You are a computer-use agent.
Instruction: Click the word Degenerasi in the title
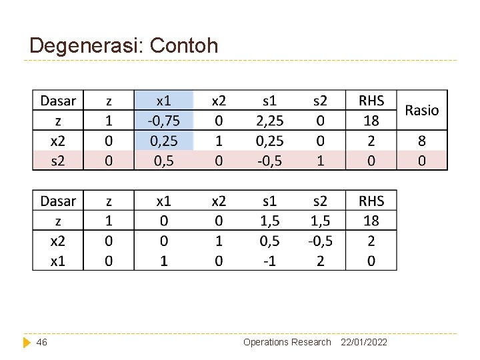click(x=87, y=45)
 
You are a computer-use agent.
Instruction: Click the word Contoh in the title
click(x=184, y=45)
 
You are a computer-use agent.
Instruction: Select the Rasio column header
click(x=422, y=110)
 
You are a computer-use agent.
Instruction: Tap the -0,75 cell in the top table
click(x=163, y=121)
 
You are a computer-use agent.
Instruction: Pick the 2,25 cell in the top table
click(x=269, y=121)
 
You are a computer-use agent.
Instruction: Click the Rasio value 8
click(x=422, y=141)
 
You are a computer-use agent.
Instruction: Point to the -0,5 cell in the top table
click(x=269, y=161)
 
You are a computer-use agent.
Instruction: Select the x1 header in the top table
click(x=163, y=101)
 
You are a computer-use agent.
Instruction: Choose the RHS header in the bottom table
click(x=371, y=201)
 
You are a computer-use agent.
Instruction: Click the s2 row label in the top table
click(x=58, y=161)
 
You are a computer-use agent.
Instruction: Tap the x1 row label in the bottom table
click(x=58, y=261)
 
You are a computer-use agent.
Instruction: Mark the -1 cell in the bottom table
click(x=269, y=261)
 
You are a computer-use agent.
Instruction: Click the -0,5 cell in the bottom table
click(x=320, y=241)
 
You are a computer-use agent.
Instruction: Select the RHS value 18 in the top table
click(x=371, y=121)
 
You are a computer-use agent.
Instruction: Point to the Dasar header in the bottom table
click(x=58, y=201)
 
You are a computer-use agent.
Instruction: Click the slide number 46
click(x=42, y=342)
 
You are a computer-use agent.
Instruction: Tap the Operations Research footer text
click(x=287, y=342)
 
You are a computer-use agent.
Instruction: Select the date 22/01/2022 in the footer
click(x=364, y=342)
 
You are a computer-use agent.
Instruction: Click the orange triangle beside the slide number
click(x=27, y=342)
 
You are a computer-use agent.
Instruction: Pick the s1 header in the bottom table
click(x=269, y=201)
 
